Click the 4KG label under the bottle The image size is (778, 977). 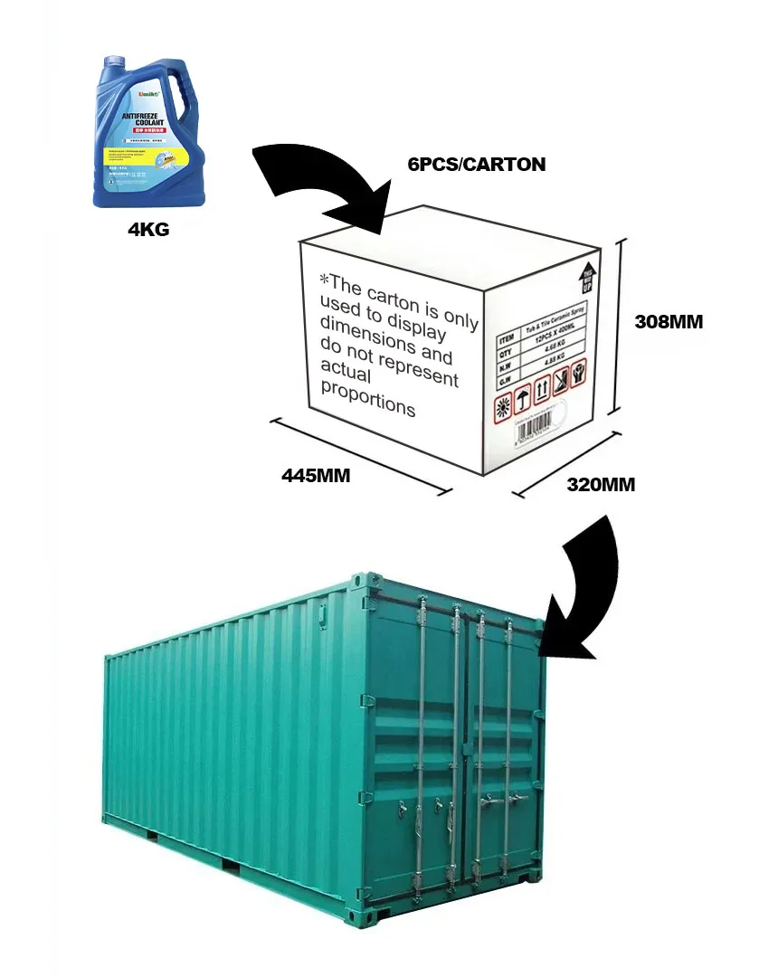147,231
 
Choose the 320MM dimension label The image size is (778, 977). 600,484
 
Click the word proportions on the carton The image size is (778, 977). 368,399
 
